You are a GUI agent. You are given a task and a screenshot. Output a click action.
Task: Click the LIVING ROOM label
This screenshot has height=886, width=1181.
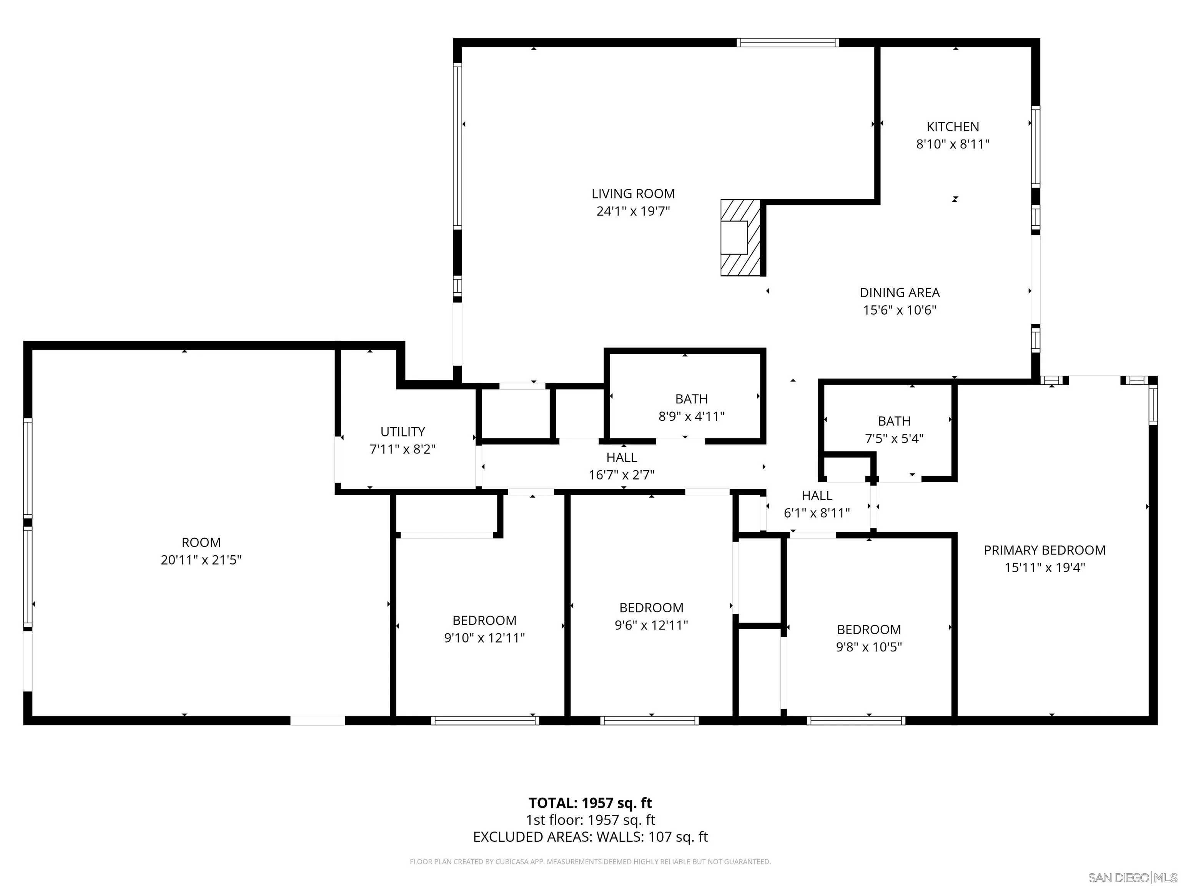coord(633,194)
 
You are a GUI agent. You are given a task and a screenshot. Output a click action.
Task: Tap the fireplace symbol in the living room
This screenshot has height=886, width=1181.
coord(740,238)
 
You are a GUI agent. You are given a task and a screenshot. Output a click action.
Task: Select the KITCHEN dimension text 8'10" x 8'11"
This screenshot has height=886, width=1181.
coord(953,144)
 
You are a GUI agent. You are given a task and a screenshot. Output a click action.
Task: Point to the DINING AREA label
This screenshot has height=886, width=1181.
coord(899,293)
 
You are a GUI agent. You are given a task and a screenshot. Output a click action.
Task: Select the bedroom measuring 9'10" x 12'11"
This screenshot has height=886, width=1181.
coord(484,629)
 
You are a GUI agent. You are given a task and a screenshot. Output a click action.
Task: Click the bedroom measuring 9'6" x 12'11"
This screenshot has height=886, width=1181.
coord(651,616)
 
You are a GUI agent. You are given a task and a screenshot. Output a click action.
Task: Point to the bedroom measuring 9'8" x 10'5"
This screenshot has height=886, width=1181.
coord(869,638)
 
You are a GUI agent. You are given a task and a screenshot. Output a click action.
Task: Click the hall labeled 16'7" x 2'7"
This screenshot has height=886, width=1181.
coord(622,466)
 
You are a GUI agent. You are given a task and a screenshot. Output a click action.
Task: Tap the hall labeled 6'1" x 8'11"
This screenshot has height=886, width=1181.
coord(816,504)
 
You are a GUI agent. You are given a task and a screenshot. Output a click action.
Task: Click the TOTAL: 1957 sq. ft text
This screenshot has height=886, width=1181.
coord(590,803)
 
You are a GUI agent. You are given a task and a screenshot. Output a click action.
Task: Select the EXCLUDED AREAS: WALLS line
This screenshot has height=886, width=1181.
coord(590,837)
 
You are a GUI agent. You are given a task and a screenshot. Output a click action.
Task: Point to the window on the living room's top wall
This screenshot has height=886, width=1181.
coord(787,43)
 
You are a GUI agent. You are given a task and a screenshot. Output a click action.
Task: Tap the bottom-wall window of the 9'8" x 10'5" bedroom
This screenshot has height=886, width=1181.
coord(856,720)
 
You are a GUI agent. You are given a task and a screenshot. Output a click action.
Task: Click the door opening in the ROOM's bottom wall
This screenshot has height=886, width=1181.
coord(317,720)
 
